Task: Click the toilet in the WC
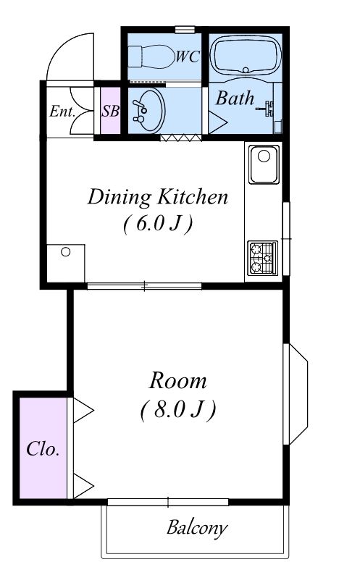coord(151,57)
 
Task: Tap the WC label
coord(188,57)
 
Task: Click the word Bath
coord(235,98)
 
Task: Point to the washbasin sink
coord(148,110)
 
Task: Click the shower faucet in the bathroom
coord(267,109)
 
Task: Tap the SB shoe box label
coord(110,111)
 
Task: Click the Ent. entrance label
coord(62,111)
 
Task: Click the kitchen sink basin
coord(264,164)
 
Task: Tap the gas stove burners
coord(262,258)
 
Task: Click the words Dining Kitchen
coord(158,197)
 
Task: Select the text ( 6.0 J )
coord(158,224)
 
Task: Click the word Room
coord(177,381)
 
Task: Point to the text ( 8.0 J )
coord(178,410)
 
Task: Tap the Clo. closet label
coord(43,449)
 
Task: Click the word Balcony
coord(197,528)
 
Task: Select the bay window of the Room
coord(296,394)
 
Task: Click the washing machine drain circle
coord(65,252)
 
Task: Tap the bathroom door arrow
coord(217,122)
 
